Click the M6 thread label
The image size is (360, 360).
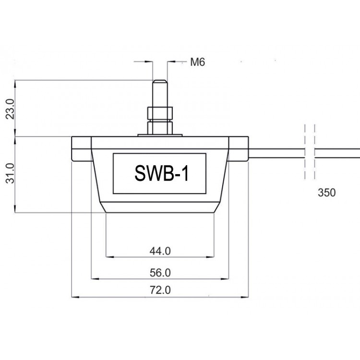click(197, 62)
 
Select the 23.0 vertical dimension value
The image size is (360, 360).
click(10, 109)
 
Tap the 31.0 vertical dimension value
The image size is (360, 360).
click(10, 174)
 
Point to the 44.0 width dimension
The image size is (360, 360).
click(160, 251)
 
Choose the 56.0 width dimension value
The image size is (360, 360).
click(160, 273)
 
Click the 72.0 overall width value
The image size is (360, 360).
click(160, 290)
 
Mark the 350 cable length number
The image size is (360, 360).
click(326, 192)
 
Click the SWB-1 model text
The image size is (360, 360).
click(161, 173)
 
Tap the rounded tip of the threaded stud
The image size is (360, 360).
click(160, 81)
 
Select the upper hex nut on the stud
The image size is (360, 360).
click(160, 113)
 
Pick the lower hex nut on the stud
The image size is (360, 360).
click(160, 128)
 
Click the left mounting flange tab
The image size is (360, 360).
click(82, 148)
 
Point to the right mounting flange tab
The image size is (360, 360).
click(238, 148)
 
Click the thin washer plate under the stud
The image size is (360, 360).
click(160, 135)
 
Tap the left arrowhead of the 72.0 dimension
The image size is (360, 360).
click(75, 297)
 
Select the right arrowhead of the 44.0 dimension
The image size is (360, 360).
click(211, 257)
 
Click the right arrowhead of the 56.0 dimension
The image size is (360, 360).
click(225, 279)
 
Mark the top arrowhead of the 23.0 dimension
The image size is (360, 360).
click(15, 84)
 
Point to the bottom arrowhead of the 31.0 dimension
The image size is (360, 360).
click(15, 209)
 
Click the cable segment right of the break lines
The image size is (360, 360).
click(337, 153)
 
